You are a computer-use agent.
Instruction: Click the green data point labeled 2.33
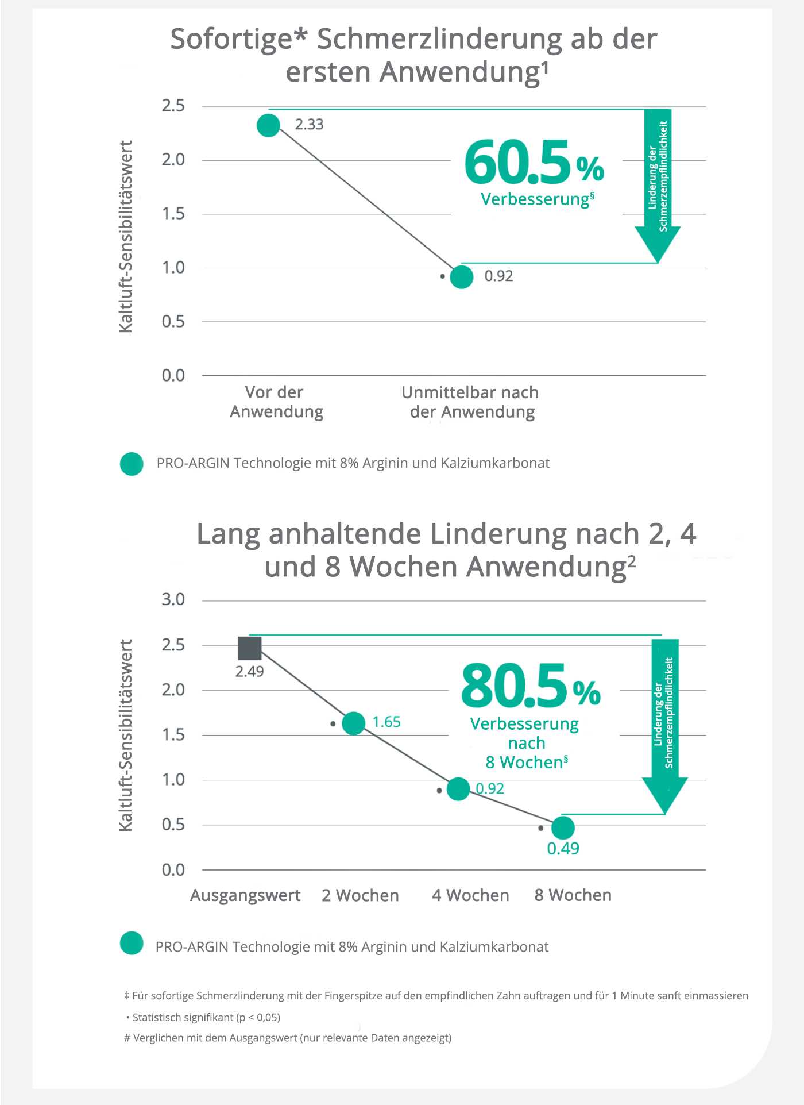pos(268,125)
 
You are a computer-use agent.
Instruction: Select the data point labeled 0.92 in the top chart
pos(461,277)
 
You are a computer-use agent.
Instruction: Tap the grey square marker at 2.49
pos(250,648)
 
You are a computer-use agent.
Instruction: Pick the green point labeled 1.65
pos(354,723)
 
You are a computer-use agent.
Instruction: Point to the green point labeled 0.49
pos(563,827)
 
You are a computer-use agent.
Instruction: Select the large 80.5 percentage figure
pos(515,686)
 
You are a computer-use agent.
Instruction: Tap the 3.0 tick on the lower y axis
pos(173,600)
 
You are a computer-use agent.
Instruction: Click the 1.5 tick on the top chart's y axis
pos(173,214)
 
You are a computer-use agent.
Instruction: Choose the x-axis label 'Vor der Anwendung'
pos(276,402)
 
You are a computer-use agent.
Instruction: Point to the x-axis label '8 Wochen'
pos(573,895)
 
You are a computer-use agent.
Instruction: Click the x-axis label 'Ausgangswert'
pos(245,895)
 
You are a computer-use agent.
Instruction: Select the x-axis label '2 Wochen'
pos(360,895)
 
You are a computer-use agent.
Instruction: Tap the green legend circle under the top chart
pos(132,464)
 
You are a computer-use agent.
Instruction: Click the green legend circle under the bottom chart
pos(132,943)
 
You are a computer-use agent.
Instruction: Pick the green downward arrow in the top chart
pos(658,190)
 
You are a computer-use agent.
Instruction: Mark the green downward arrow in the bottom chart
pos(665,730)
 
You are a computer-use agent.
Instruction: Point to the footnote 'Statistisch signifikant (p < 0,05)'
pos(206,1017)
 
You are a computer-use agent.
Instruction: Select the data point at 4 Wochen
pos(458,789)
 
